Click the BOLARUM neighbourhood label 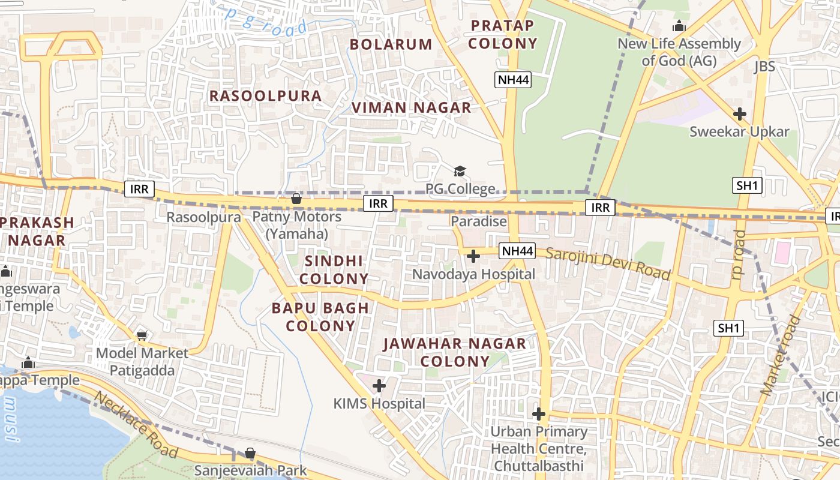(x=391, y=44)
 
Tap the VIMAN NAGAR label (x=411, y=108)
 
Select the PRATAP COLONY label (x=502, y=35)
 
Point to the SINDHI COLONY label (x=334, y=270)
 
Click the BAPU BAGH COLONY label (x=320, y=317)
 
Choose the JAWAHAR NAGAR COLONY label (x=455, y=353)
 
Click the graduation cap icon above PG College (x=460, y=172)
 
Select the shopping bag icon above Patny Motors (x=296, y=199)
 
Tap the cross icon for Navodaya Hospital (x=473, y=257)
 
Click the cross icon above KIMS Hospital (x=379, y=386)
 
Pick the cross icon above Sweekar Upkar (x=740, y=114)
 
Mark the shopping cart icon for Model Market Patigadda (x=142, y=336)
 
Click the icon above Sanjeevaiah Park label (x=250, y=453)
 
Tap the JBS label (x=764, y=67)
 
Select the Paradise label (x=479, y=221)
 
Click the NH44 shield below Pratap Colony (x=514, y=80)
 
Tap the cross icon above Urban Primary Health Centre (x=539, y=414)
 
